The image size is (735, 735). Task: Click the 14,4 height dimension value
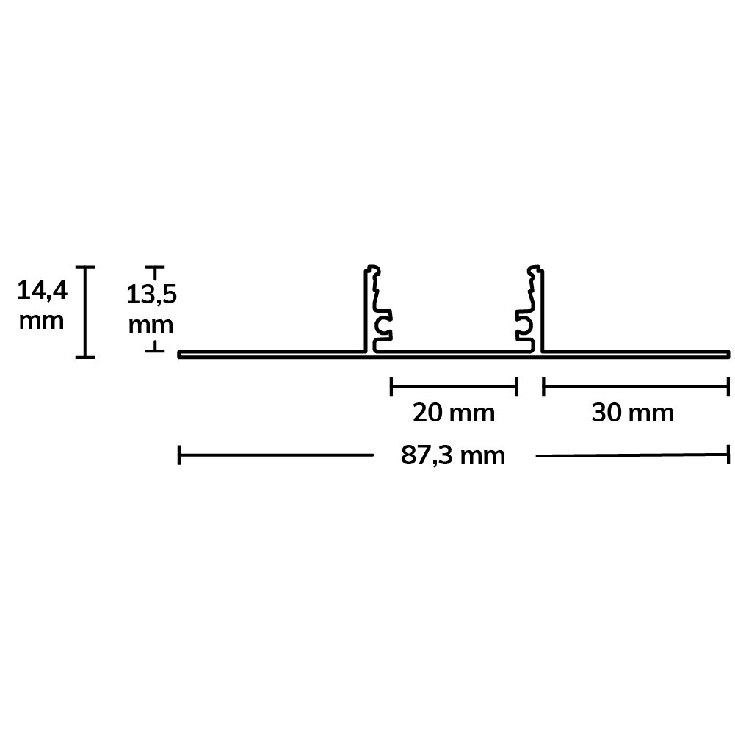point(42,290)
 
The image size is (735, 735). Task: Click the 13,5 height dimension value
point(151,295)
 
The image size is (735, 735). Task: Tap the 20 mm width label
point(454,413)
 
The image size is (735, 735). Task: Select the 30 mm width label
point(633,413)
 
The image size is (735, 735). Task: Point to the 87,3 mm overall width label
point(453,456)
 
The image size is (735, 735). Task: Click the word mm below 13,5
point(151,326)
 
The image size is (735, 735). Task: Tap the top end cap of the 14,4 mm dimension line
point(85,267)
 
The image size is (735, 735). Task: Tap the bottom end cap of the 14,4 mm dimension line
point(85,357)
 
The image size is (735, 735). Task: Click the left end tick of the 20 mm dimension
point(391,386)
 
